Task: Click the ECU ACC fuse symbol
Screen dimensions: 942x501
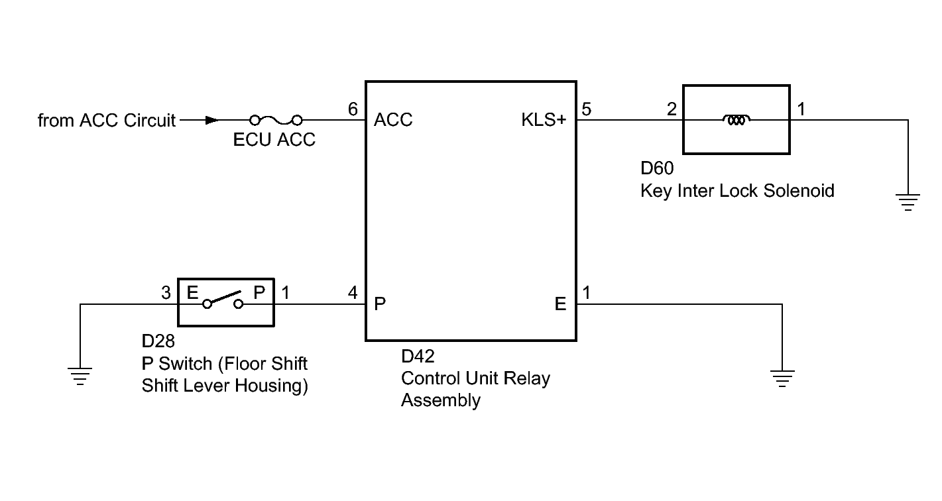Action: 276,120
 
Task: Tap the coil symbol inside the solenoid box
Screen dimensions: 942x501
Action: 736,120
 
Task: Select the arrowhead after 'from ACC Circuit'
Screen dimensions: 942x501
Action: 211,120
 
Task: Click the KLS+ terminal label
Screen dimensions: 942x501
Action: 544,120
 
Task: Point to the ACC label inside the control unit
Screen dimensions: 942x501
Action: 393,120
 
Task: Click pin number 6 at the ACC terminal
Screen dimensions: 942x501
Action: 353,109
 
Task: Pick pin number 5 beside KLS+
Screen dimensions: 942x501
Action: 587,109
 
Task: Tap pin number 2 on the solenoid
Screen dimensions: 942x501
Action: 672,109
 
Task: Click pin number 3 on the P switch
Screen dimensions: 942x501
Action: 166,292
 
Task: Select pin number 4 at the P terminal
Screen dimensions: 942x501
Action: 353,292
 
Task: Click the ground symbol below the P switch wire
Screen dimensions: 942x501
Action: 80,376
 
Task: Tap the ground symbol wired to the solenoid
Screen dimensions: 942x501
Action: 908,202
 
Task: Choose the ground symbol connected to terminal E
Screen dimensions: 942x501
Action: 782,378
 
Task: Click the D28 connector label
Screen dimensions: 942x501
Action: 158,341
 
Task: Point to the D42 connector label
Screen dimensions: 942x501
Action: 418,357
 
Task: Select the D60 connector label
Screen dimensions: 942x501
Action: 657,168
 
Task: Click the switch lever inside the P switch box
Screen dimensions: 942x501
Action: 223,298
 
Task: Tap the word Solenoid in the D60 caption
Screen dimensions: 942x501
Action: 799,191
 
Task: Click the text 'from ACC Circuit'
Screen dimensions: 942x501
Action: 106,121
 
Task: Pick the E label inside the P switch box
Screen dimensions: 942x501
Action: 192,292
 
